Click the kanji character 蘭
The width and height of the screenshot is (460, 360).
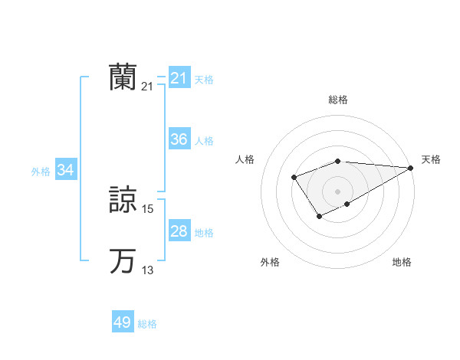(123, 77)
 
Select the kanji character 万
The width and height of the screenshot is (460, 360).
(123, 261)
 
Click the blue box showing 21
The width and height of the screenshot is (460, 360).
(179, 77)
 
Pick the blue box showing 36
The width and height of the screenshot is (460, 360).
(179, 139)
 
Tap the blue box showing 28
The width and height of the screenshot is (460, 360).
(179, 231)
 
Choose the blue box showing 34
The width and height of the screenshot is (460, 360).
(66, 170)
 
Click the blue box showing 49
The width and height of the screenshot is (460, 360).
(123, 322)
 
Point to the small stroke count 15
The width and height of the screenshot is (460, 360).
(149, 209)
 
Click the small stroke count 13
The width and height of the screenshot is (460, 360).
(149, 270)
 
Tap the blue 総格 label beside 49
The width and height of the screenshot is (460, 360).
(147, 324)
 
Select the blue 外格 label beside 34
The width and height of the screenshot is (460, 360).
(41, 172)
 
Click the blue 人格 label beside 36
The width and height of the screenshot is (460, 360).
(204, 141)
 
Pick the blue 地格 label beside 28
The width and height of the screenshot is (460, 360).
(204, 233)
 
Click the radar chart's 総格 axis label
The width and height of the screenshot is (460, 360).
(338, 100)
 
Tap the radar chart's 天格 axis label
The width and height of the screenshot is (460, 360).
(431, 159)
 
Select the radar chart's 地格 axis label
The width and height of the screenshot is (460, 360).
(402, 262)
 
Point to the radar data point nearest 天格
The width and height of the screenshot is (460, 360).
(411, 167)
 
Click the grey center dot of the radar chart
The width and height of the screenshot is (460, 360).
(338, 191)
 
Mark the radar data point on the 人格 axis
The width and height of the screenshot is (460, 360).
(294, 178)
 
